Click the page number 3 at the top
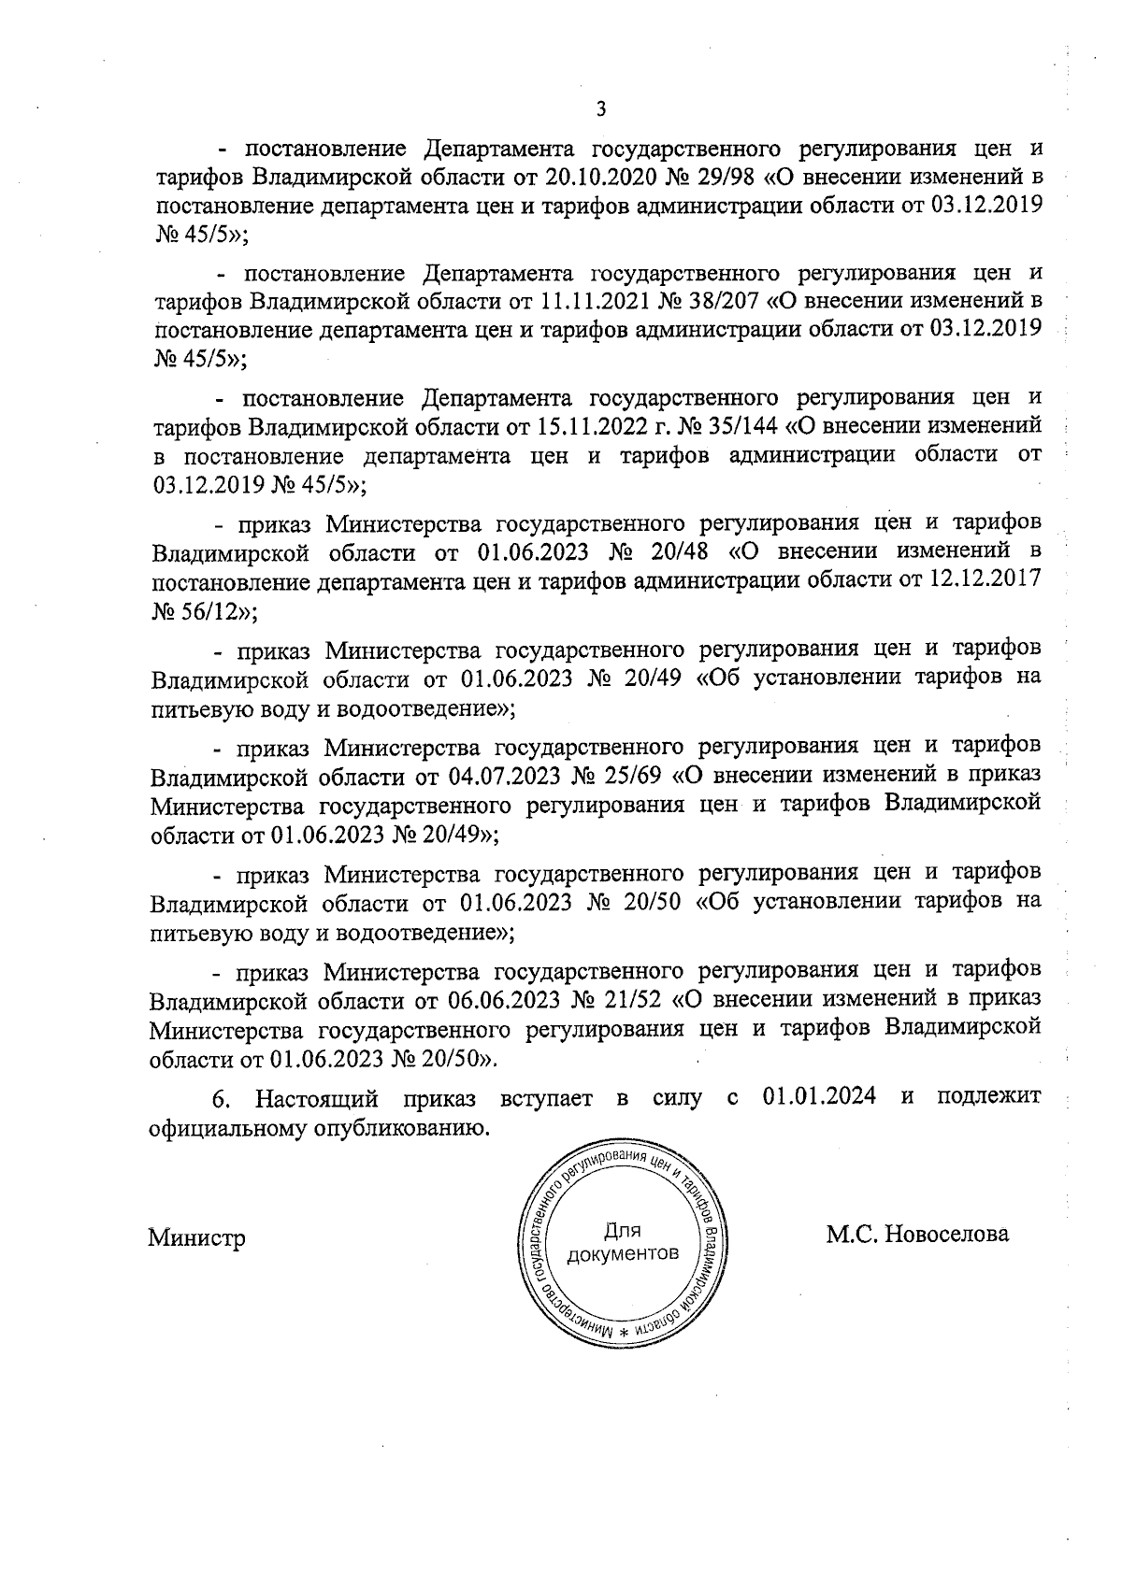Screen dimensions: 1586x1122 point(601,110)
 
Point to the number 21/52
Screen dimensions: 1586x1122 point(635,999)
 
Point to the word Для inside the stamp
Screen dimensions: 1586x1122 point(623,1232)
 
